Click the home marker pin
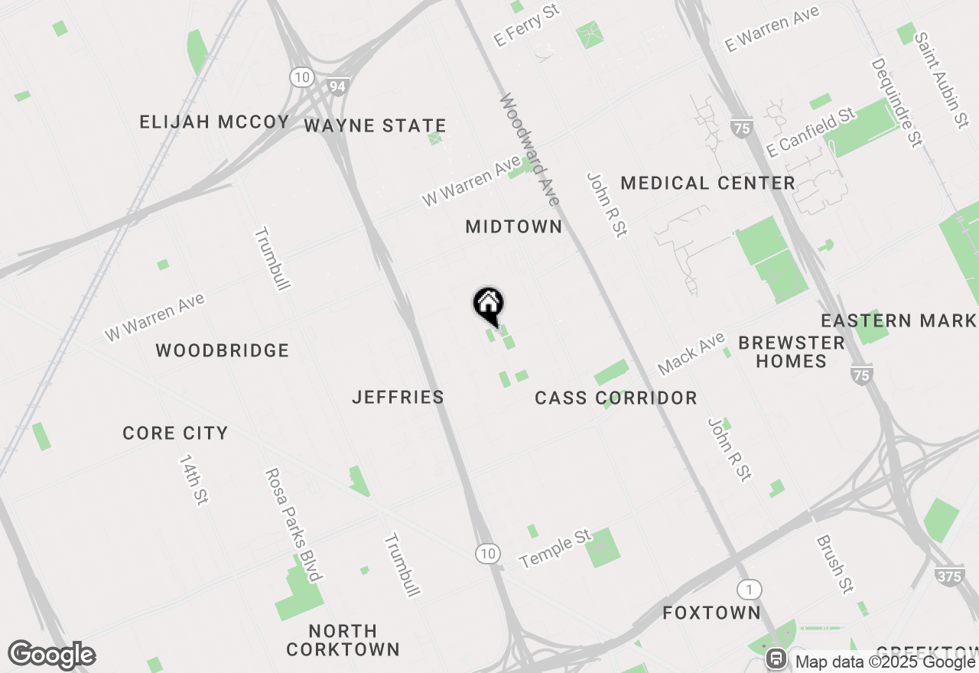click(x=488, y=304)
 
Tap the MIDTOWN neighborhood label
click(x=514, y=226)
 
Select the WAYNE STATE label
click(x=375, y=125)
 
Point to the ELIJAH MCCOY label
click(x=214, y=122)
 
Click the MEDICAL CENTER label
click(x=708, y=183)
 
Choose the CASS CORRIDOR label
click(x=616, y=398)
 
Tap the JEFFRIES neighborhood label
click(x=398, y=397)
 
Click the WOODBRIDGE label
click(x=223, y=350)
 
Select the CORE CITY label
click(x=175, y=433)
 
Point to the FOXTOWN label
click(x=711, y=613)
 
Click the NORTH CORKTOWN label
click(x=343, y=640)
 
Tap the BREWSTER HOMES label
click(x=792, y=352)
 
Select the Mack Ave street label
click(x=691, y=353)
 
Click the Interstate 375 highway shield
click(x=949, y=576)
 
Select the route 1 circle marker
click(x=750, y=590)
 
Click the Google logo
click(x=51, y=655)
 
